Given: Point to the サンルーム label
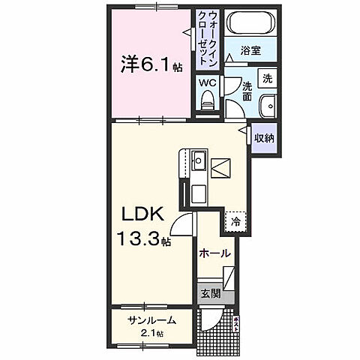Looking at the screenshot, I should point(151,320).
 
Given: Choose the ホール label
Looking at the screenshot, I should point(214,254).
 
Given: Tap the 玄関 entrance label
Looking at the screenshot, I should point(211,294).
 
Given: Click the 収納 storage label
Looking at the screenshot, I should point(262,138).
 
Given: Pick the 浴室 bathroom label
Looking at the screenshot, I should point(250,51).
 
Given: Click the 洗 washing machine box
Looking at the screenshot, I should point(267,79).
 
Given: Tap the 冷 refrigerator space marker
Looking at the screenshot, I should point(235,223).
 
